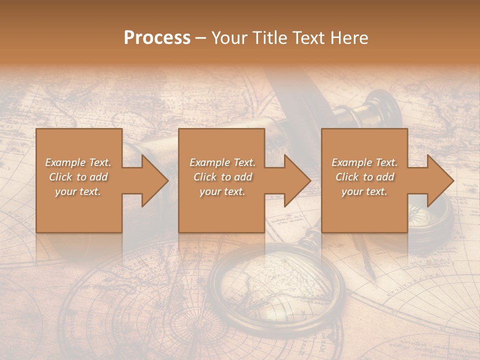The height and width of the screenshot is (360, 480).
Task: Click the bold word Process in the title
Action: [x=157, y=37]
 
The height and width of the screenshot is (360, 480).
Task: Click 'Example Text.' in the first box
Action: [x=78, y=162]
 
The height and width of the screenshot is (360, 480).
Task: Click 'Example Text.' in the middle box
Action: [x=222, y=162]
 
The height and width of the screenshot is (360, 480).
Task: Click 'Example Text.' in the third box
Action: [x=364, y=162]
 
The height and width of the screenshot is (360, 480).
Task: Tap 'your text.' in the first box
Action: [x=78, y=191]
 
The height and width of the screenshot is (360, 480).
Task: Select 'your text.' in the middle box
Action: [x=222, y=191]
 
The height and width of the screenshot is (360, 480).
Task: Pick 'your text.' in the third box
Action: [x=364, y=191]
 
